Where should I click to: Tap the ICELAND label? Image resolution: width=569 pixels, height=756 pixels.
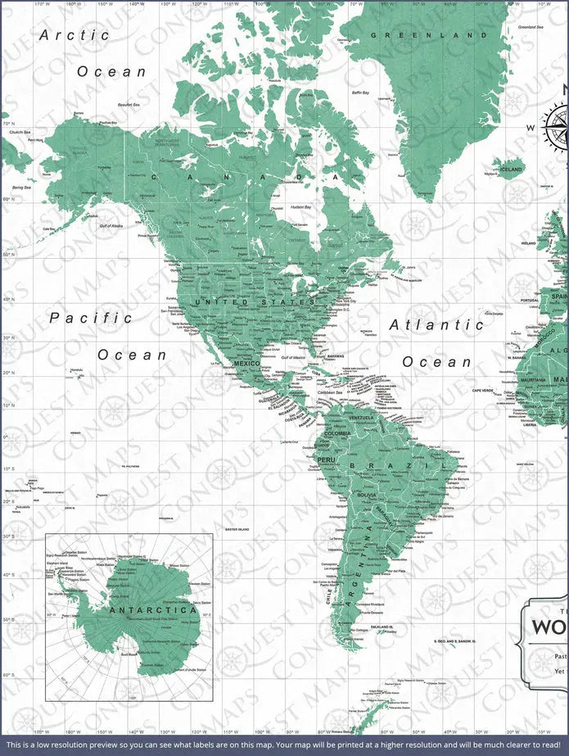pyautogui.click(x=511, y=169)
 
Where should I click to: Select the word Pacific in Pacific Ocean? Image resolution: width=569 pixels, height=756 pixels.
pyautogui.click(x=90, y=318)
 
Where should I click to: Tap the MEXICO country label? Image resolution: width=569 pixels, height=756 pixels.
pyautogui.click(x=246, y=363)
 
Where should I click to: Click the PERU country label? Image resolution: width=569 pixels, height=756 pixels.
pyautogui.click(x=326, y=459)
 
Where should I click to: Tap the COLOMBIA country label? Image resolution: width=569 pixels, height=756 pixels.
pyautogui.click(x=337, y=433)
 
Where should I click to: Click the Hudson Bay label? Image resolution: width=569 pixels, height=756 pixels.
pyautogui.click(x=300, y=207)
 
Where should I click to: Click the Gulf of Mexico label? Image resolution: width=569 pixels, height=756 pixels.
pyautogui.click(x=292, y=357)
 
